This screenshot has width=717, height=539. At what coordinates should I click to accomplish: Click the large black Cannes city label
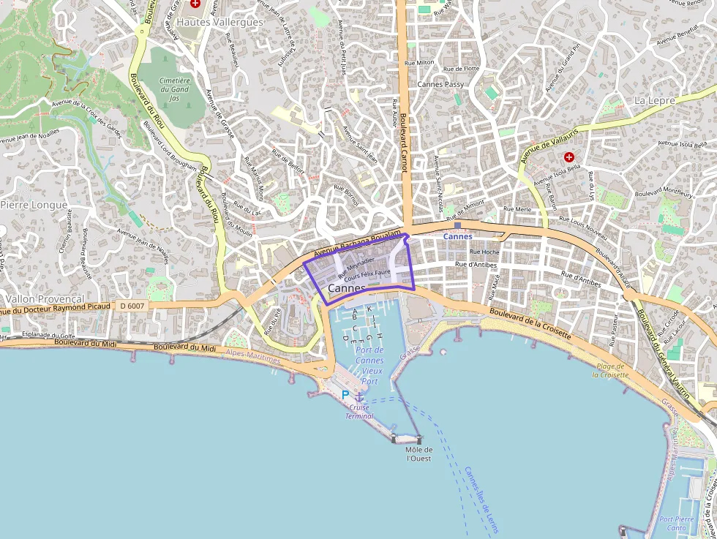coord(347,288)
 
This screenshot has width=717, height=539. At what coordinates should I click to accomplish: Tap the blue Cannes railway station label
coord(459,237)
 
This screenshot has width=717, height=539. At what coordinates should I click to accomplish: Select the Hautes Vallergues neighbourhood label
coord(219,22)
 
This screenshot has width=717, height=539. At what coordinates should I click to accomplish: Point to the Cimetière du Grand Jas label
coord(174,89)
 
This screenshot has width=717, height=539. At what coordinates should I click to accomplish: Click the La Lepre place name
coord(655,99)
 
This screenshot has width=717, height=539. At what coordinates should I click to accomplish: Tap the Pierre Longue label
coord(34,205)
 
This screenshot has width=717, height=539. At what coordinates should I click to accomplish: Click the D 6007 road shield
coord(133,306)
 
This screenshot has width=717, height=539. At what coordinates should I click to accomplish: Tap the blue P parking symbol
coord(345,395)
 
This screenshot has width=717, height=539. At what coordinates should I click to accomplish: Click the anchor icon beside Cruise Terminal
coord(359,396)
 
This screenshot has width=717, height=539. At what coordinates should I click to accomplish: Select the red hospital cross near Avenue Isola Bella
coord(568,157)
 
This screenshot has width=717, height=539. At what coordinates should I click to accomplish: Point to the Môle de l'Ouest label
coord(418,454)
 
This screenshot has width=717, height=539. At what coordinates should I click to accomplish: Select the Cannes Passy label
coord(440,84)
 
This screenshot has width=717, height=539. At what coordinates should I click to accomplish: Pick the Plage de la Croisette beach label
coord(611,370)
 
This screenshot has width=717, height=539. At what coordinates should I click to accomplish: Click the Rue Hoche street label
coord(485,252)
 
